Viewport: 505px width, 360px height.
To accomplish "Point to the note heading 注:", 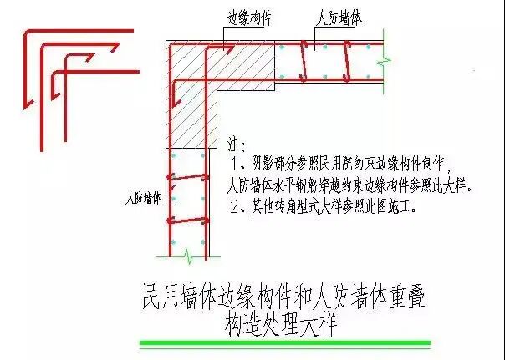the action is click(x=237, y=145).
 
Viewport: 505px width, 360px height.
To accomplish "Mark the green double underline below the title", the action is click(x=285, y=344).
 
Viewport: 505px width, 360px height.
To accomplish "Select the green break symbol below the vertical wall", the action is click(x=190, y=251).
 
